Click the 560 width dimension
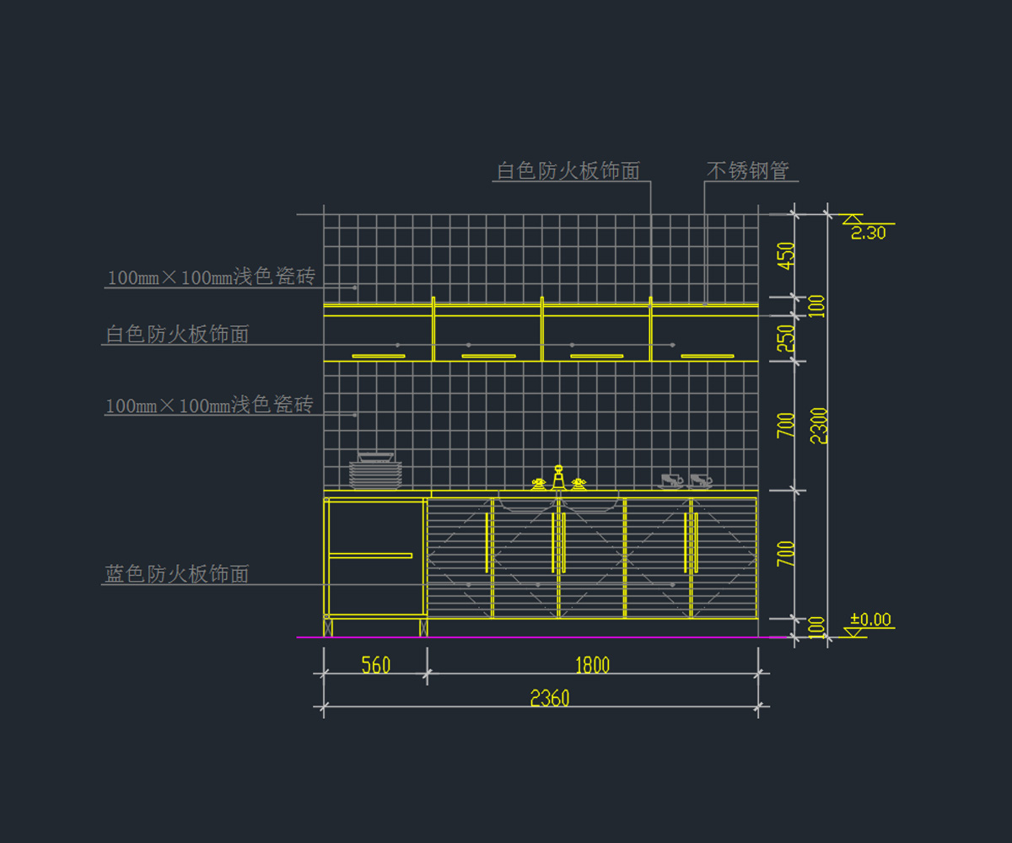[x=375, y=665]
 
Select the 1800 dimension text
[x=592, y=665]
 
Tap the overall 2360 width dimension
[x=549, y=698]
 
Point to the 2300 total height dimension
[x=819, y=425]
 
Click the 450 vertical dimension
[x=786, y=255]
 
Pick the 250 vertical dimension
[x=786, y=338]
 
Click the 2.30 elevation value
[x=868, y=234]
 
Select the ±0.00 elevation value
[x=870, y=620]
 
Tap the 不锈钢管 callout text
[x=747, y=170]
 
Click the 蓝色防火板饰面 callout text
[x=177, y=574]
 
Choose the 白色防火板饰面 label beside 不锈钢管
[x=568, y=171]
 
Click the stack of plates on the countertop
[x=375, y=472]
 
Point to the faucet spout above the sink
[x=557, y=477]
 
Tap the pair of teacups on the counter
[x=685, y=481]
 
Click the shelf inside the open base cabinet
[x=370, y=556]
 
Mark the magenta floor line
[x=540, y=637]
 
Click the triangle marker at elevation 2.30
[x=853, y=219]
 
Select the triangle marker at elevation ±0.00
[x=854, y=631]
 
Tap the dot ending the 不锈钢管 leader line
[x=705, y=303]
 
